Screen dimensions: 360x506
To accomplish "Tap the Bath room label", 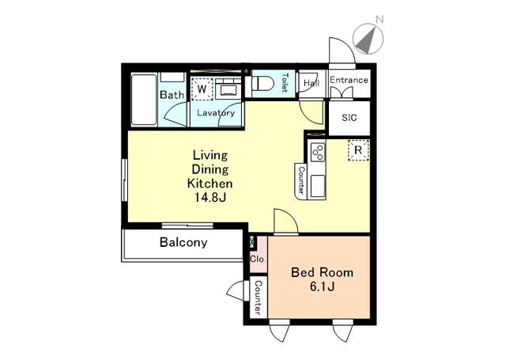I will pos(172,95).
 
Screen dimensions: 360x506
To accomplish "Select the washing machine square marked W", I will pos(202,89).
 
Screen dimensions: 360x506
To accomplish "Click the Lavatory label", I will pos(216,113).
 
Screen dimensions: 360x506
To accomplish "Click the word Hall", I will pos(311,82).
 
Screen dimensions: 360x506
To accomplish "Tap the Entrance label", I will pos(349,80).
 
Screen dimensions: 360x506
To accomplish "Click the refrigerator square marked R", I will pos(358,150).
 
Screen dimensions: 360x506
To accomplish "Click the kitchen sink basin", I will pos(317,186).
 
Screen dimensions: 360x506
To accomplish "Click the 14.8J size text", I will pos(211,198).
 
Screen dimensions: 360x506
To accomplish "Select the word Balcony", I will pos(183,243).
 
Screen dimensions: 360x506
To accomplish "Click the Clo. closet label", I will pos(258,259).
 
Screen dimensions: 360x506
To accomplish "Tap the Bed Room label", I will pos(323,272).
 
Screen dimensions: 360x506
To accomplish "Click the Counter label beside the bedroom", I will pos(257,299).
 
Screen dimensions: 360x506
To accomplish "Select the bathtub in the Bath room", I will pos(144,100).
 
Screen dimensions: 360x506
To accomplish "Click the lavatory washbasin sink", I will pos(229,89).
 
